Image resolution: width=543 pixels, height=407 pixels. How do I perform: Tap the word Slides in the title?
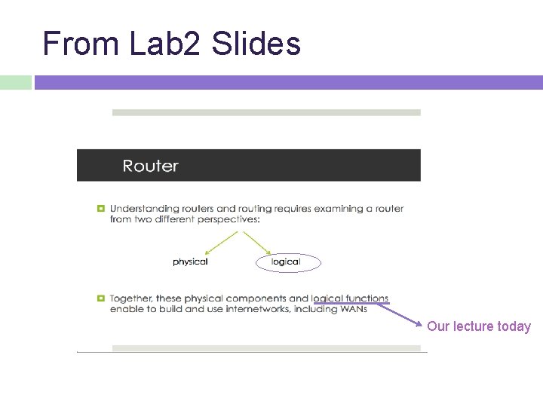coord(256,44)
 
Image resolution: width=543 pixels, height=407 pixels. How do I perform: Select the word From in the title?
coord(81,44)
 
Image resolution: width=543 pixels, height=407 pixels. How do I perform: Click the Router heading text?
coord(151,166)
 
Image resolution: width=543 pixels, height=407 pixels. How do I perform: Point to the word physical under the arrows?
coord(190,262)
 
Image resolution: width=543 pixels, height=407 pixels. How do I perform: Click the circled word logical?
coord(286,262)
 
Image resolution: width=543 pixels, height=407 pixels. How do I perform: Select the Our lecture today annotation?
coord(479,326)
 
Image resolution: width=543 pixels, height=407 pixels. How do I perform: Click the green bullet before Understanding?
coord(100,209)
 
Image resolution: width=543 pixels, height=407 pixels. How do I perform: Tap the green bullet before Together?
coord(100,299)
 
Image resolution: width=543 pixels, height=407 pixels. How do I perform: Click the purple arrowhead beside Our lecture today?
coord(419,325)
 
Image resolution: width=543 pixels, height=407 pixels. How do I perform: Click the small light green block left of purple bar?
coord(15,82)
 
